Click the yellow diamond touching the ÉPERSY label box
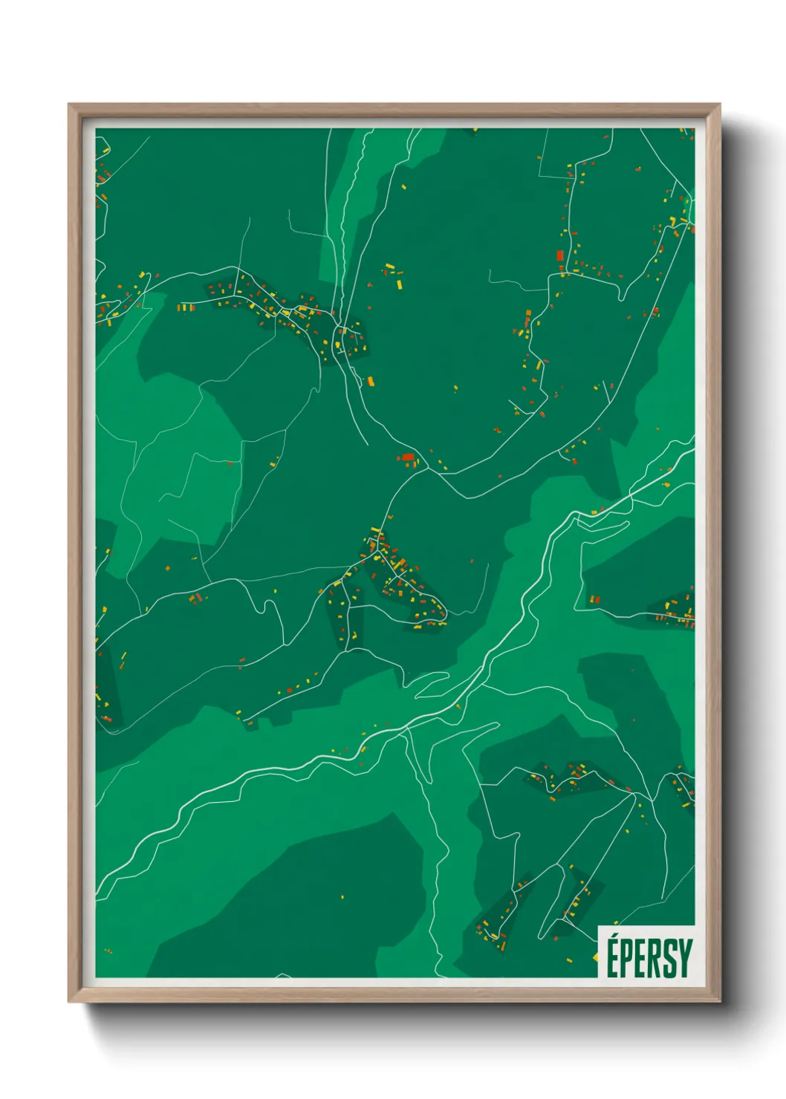596,957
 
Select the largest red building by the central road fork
407,457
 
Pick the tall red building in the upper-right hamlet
560,255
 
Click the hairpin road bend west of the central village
264,605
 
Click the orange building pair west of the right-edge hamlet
594,599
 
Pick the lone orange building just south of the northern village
370,382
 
